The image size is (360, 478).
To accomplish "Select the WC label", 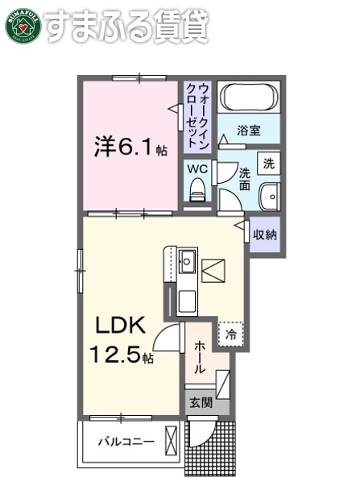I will point(198,169).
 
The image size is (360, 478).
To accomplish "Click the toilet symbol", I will point(198,192).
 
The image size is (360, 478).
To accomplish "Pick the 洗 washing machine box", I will point(268,161).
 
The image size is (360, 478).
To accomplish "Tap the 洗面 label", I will point(245,180).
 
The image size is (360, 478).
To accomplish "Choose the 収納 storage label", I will point(265,235).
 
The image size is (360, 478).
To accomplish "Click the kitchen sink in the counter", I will point(187,262).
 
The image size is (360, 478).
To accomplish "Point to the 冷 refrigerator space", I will point(230,333).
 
